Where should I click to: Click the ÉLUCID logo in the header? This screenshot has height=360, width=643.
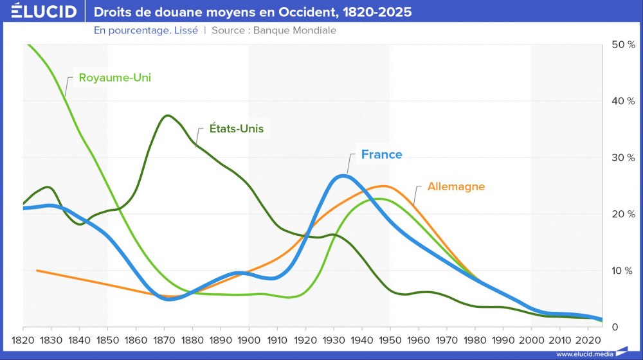pyautogui.click(x=43, y=12)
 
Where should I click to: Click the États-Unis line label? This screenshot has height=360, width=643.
pyautogui.click(x=237, y=129)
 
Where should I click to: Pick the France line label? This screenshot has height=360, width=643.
pyautogui.click(x=381, y=154)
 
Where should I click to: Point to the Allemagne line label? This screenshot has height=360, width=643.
pyautogui.click(x=456, y=186)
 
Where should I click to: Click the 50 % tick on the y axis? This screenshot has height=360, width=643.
pyautogui.click(x=622, y=45)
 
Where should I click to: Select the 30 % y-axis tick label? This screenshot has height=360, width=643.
pyautogui.click(x=622, y=157)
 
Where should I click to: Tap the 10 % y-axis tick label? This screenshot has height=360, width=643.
pyautogui.click(x=622, y=271)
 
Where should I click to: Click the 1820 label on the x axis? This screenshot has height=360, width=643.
pyautogui.click(x=23, y=339)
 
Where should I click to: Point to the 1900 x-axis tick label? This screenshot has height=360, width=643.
pyautogui.click(x=249, y=339)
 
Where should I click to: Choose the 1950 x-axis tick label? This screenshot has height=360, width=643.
pyautogui.click(x=390, y=339)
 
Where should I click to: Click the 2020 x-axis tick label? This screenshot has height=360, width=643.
pyautogui.click(x=587, y=339)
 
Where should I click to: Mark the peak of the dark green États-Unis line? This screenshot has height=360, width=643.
pyautogui.click(x=168, y=116)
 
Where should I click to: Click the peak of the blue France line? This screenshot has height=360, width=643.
pyautogui.click(x=343, y=175)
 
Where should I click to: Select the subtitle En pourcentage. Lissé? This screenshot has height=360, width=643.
pyautogui.click(x=146, y=30)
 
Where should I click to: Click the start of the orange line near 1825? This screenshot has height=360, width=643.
pyautogui.click(x=37, y=271)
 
